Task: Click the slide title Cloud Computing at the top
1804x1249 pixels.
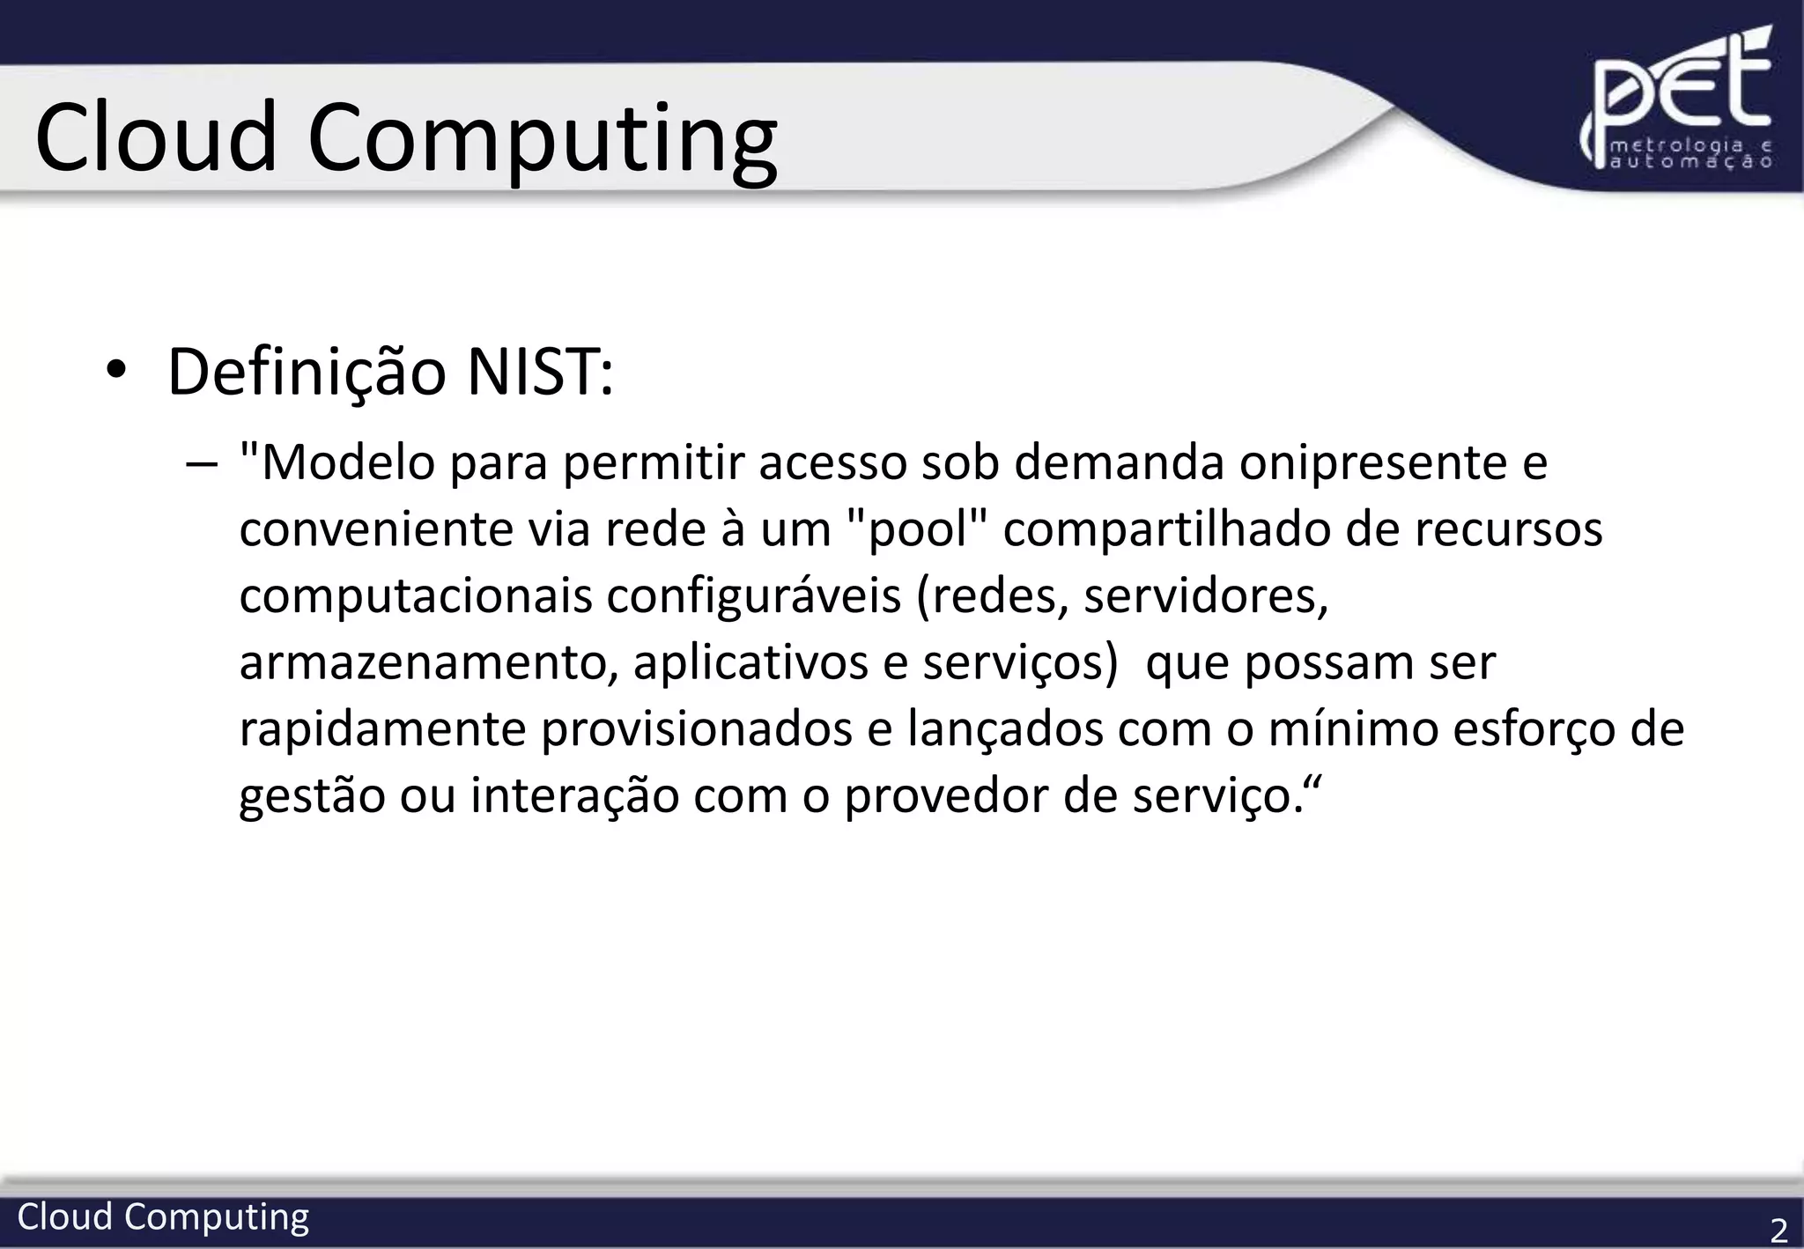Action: coord(406,137)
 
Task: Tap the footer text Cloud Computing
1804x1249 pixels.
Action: coord(163,1216)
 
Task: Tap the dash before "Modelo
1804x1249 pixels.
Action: coord(202,464)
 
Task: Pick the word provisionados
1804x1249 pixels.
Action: coord(697,729)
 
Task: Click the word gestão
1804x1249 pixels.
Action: coord(312,796)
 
